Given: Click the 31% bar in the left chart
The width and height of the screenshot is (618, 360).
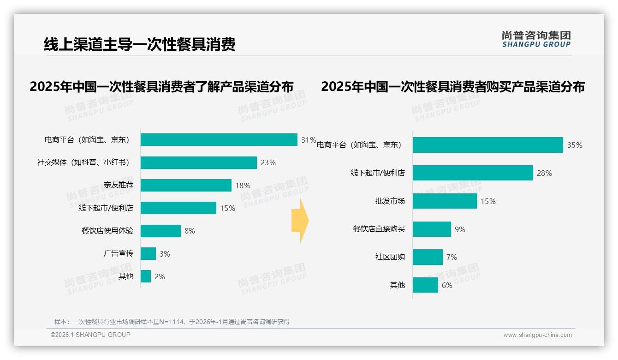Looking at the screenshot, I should click(x=219, y=140).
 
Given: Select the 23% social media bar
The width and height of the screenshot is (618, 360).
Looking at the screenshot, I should click(x=198, y=162).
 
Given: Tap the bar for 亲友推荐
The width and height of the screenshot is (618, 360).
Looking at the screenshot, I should click(x=186, y=185).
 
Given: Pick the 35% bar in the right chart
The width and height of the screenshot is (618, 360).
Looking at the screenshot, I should click(x=487, y=145).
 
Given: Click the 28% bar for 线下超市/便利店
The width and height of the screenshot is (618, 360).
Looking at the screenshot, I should click(x=473, y=173).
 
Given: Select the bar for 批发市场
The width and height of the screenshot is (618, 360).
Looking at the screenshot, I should click(x=445, y=201).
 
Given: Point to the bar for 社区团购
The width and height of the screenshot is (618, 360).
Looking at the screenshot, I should click(x=428, y=257).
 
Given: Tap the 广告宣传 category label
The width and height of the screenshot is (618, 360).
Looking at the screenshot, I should click(x=118, y=253).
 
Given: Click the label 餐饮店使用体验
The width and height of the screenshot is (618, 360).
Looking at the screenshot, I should click(x=107, y=231).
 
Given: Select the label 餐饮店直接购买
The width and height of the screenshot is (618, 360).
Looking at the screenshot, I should click(x=379, y=229).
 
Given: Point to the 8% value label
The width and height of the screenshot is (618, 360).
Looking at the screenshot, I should click(x=190, y=231).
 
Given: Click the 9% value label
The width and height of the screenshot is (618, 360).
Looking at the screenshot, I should click(x=460, y=229).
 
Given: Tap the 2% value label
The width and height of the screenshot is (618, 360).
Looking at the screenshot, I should click(x=160, y=276).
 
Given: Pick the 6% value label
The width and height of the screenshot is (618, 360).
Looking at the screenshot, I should click(x=447, y=285).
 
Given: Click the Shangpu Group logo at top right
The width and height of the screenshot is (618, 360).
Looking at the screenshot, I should click(x=536, y=39).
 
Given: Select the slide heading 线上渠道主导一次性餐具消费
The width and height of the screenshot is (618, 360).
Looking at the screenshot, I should click(x=139, y=44).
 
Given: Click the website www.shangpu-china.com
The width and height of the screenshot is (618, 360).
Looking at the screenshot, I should click(x=537, y=335).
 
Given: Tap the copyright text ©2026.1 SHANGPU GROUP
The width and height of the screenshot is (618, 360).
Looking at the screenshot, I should click(x=90, y=335).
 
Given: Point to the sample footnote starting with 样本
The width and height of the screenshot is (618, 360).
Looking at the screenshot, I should click(x=172, y=322).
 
